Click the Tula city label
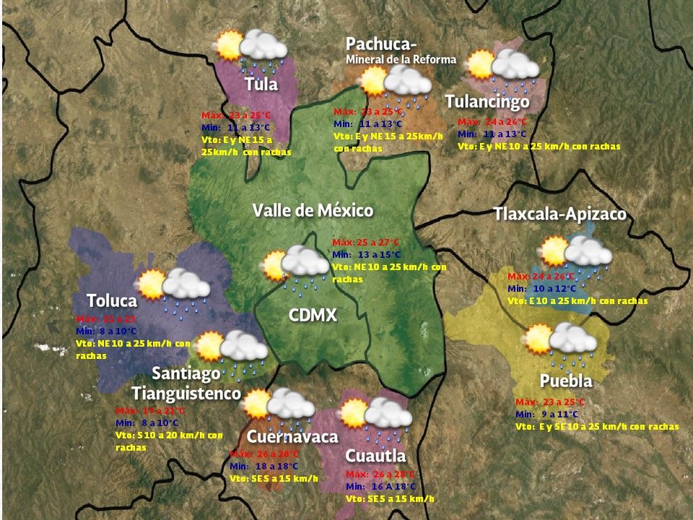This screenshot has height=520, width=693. pyautogui.click(x=261, y=84)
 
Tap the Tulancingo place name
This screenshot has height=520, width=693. pyautogui.click(x=487, y=102)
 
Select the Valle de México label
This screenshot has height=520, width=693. pyautogui.click(x=313, y=211)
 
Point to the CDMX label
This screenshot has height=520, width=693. pyautogui.click(x=313, y=315)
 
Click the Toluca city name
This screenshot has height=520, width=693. pyautogui.click(x=111, y=300)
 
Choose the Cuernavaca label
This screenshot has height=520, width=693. pyautogui.click(x=292, y=437)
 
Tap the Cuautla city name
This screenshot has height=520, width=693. pyautogui.click(x=375, y=456)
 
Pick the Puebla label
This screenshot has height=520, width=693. pyautogui.click(x=566, y=381)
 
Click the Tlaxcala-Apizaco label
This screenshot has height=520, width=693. pyautogui.click(x=559, y=214)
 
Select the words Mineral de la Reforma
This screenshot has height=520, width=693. pyautogui.click(x=401, y=59)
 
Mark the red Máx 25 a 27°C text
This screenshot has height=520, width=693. pyautogui.click(x=365, y=242)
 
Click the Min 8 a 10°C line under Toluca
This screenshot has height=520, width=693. pyautogui.click(x=106, y=331)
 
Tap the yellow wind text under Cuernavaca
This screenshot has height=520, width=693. pyautogui.click(x=274, y=479)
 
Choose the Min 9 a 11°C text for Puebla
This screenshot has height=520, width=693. pyautogui.click(x=547, y=415)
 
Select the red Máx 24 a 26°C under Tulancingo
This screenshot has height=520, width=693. pyautogui.click(x=492, y=121)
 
